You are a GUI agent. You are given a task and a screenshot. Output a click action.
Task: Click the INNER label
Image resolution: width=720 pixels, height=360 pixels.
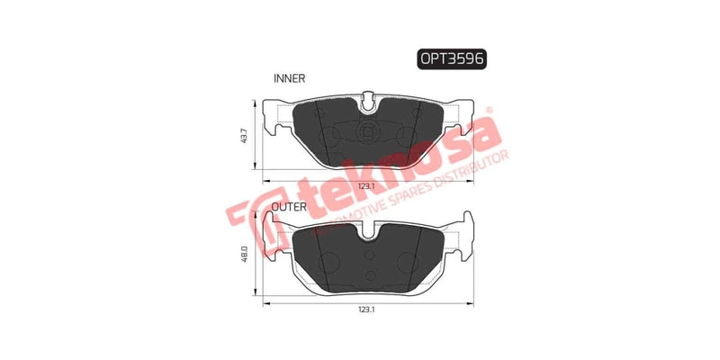point(289,79)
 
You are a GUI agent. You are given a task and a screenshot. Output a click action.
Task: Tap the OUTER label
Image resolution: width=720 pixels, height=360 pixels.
point(291,206)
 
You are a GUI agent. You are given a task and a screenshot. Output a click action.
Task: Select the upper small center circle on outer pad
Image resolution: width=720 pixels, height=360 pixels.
point(368,256)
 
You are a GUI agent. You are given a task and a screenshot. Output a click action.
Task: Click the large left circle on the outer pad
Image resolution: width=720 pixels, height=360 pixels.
point(328,263)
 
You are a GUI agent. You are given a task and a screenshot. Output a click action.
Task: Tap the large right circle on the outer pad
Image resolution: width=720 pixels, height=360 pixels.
point(407,263)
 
